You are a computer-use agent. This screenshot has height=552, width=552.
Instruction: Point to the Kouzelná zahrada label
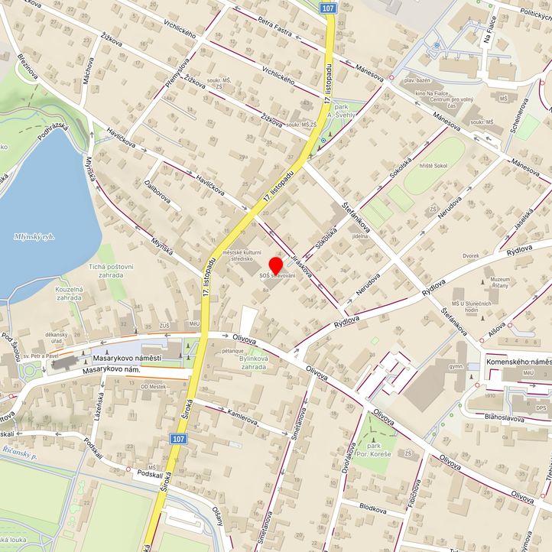pos(69,294)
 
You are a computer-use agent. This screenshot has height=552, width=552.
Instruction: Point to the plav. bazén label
pos(420,80)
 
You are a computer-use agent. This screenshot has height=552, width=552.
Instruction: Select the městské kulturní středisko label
pos(242,256)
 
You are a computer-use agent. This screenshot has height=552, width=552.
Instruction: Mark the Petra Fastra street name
pos(277,28)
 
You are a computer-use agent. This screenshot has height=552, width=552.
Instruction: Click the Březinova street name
pos(28,67)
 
